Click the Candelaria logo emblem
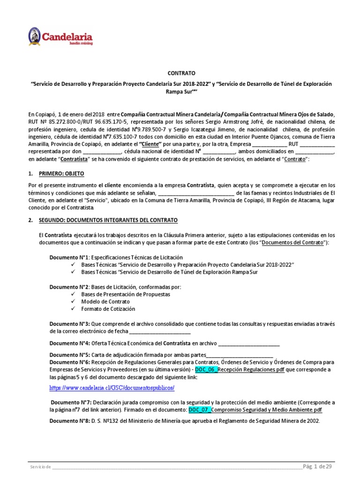click(35, 36)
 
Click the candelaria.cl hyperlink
click(112, 388)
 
